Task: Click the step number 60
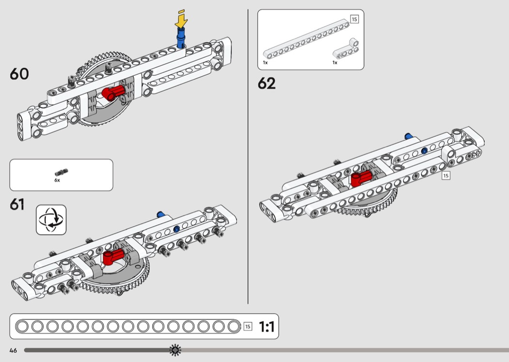click(19, 74)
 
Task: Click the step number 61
click(17, 204)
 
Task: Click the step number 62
click(267, 83)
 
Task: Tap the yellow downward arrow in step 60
click(181, 19)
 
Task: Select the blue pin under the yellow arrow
click(181, 38)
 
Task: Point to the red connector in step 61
click(113, 256)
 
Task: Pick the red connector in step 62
click(361, 178)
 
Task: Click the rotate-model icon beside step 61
click(51, 220)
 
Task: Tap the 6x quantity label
click(57, 180)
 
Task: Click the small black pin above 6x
click(62, 172)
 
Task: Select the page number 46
click(13, 350)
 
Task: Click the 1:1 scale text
click(267, 327)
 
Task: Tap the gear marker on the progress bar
click(175, 350)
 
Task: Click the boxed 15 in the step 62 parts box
click(354, 19)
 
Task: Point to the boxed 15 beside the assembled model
click(446, 176)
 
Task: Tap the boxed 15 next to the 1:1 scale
click(248, 327)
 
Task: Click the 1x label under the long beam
click(265, 63)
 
